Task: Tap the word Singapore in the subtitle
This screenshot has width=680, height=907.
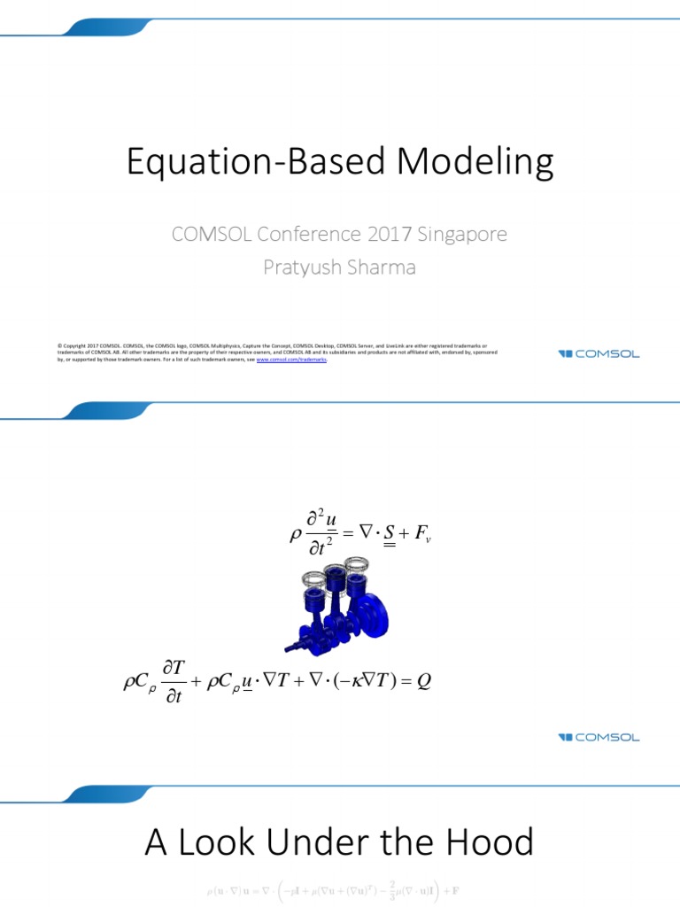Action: [461, 235]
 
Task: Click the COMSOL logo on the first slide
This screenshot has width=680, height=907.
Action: [599, 354]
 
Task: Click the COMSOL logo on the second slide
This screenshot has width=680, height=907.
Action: [599, 737]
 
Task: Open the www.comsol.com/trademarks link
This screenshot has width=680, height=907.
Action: [291, 360]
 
